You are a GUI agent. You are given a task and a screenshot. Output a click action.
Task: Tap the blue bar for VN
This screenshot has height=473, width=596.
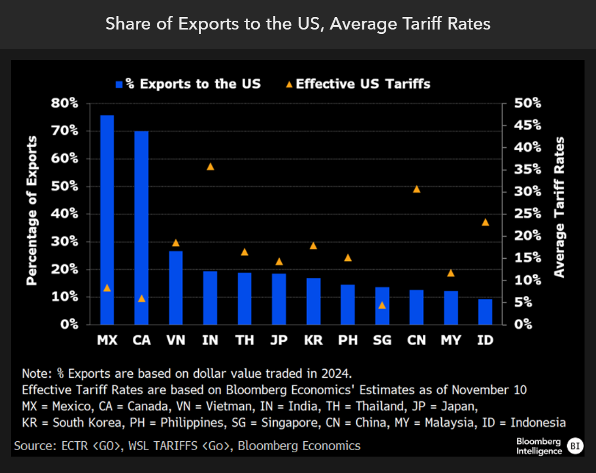click(176, 288)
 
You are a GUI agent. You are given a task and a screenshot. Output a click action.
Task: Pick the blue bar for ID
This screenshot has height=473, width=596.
click(485, 312)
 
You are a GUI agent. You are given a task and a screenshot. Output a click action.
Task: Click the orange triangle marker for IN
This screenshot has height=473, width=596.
click(210, 166)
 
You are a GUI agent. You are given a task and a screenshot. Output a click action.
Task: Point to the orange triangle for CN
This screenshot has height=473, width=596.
click(416, 189)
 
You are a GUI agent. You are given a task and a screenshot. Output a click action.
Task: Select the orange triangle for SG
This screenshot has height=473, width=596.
click(382, 305)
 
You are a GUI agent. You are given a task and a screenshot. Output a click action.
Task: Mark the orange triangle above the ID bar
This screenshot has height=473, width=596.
click(485, 222)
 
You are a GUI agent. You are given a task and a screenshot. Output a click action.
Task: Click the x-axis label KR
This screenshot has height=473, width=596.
click(313, 340)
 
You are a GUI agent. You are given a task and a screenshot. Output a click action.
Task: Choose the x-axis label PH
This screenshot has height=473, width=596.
click(348, 340)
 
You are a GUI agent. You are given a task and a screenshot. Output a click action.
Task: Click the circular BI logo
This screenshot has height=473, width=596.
click(575, 445)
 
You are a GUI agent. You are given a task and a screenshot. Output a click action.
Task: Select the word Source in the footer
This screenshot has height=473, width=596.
click(32, 446)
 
